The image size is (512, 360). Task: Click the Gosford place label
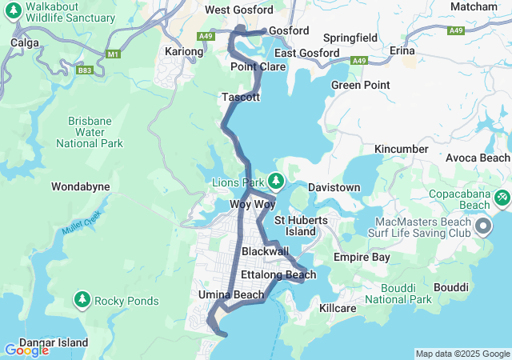pos(288,30)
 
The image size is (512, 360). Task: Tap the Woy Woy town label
pos(253,205)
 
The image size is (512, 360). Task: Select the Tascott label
pos(241,97)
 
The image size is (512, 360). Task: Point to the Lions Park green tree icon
pos(276,181)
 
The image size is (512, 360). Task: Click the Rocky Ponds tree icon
pos(82,300)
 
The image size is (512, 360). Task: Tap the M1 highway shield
pos(113,53)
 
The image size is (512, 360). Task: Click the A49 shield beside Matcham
pos(456,30)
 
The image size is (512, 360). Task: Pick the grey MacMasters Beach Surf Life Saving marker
pos(483,227)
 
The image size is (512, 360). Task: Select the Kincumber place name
pos(403,149)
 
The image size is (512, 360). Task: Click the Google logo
pos(26,350)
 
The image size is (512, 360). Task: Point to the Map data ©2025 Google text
pos(462,354)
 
